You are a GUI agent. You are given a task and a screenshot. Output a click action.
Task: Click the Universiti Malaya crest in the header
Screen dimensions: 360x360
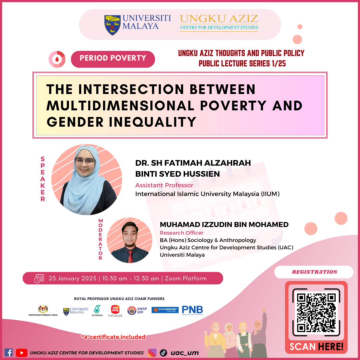click(112, 25)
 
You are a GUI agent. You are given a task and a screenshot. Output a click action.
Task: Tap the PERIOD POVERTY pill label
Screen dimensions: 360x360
click(113, 59)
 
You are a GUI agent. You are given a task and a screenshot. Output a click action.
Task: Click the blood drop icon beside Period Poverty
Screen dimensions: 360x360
click(57, 59)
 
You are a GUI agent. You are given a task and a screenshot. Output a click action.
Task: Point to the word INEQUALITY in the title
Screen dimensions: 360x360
click(152, 122)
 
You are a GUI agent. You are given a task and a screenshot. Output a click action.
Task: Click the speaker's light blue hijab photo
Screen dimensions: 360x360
click(87, 180)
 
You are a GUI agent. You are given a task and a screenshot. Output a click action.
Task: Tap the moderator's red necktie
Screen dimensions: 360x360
click(130, 256)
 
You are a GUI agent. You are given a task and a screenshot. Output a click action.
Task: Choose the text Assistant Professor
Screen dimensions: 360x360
click(164, 185)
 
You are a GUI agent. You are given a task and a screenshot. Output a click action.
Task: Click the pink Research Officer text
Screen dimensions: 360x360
click(181, 233)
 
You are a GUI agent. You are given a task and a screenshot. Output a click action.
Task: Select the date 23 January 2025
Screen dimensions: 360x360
click(72, 278)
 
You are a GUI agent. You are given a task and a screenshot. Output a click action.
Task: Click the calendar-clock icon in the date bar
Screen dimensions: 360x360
click(39, 278)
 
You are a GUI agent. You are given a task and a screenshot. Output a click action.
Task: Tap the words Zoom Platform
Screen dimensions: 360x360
click(186, 278)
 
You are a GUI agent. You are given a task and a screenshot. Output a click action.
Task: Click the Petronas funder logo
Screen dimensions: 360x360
click(97, 310)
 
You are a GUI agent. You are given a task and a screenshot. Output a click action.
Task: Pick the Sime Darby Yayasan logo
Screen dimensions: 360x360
click(115, 311)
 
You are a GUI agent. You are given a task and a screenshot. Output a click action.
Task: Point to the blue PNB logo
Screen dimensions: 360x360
click(192, 310)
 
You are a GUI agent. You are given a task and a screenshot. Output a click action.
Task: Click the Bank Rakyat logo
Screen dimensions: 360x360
click(165, 310)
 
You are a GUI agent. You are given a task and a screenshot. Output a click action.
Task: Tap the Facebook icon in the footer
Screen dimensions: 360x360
click(8, 352)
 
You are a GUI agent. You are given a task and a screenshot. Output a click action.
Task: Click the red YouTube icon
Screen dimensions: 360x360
click(22, 353)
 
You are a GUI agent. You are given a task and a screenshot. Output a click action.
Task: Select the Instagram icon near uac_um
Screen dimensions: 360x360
click(152, 353)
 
